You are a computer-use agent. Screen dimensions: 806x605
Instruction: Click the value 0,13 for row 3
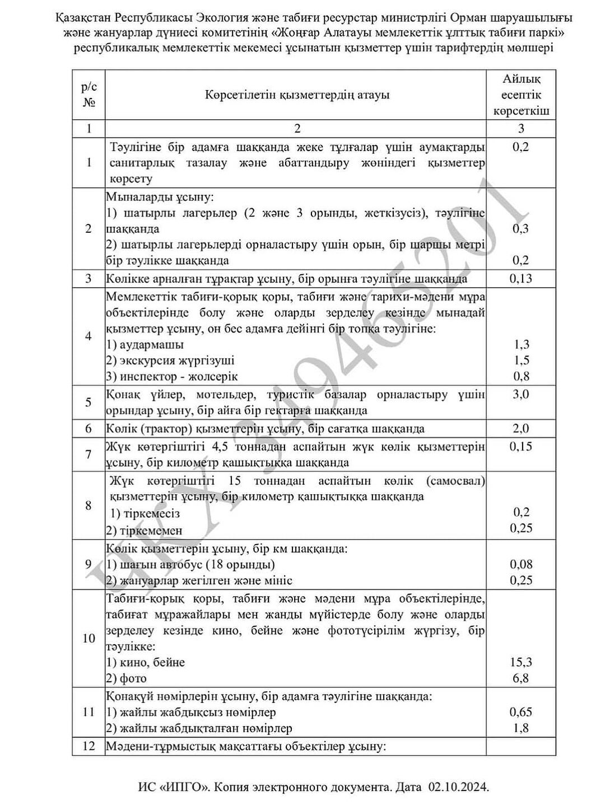(x=521, y=279)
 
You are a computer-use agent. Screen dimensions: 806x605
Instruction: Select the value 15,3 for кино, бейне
(x=521, y=662)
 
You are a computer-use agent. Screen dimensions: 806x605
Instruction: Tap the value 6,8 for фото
(x=521, y=678)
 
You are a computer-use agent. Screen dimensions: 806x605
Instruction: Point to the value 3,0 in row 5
(x=521, y=394)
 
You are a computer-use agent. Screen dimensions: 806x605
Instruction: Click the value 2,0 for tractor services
(x=521, y=429)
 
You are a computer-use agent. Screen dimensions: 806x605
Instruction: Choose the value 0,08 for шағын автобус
(x=521, y=564)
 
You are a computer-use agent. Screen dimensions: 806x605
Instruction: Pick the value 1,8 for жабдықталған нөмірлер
(x=521, y=728)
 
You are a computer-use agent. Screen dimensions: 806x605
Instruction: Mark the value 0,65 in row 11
(x=521, y=712)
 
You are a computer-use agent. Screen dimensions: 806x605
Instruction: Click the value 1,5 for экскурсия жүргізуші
(x=521, y=360)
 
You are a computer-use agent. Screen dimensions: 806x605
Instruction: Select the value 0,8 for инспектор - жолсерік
(x=521, y=376)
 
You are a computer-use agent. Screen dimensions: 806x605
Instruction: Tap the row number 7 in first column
(x=89, y=454)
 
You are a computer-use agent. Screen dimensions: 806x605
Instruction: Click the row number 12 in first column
(x=89, y=746)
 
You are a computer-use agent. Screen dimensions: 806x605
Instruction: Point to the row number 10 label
(x=89, y=638)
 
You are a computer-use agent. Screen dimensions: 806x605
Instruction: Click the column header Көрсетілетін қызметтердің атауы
(x=297, y=95)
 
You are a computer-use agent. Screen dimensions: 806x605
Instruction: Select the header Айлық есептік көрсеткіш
(x=521, y=95)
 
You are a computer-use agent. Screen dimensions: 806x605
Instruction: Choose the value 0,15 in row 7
(x=521, y=447)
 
